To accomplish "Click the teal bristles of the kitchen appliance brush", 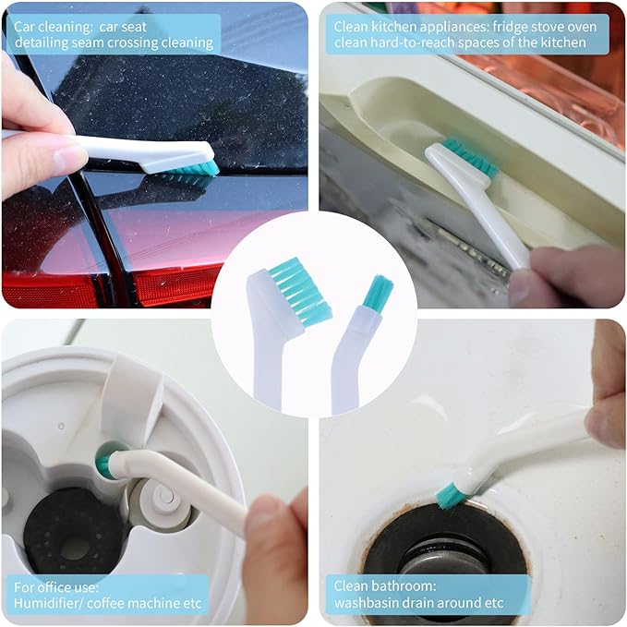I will [469, 158].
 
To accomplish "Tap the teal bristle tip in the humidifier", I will [104, 465].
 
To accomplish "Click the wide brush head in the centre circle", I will [301, 292].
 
